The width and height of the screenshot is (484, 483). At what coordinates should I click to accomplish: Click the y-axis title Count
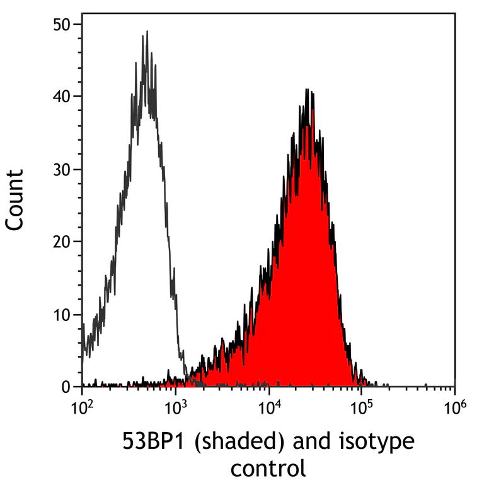tap(15, 199)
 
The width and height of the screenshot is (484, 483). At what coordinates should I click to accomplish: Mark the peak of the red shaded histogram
tap(308, 91)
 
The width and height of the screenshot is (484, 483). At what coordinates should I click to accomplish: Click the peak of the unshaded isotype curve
tap(146, 33)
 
